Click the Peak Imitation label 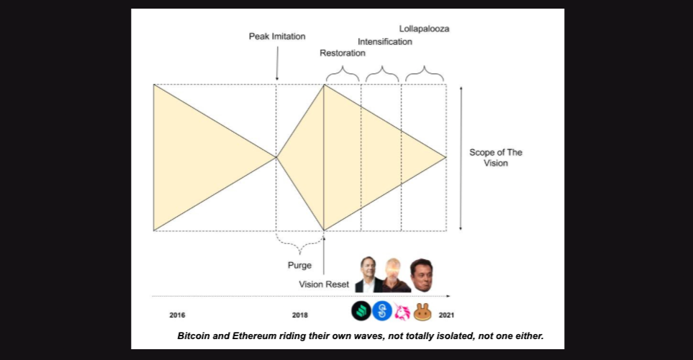point(277,36)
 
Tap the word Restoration point(343,53)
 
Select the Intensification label point(385,42)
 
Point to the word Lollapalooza point(425,30)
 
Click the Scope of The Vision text point(496,158)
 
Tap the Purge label point(299,266)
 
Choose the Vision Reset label point(324,284)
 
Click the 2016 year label point(178,315)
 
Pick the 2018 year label point(300,315)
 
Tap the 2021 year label point(446,315)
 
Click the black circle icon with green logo point(361,312)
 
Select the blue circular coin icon point(381,312)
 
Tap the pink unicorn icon point(402,312)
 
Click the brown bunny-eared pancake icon point(422,312)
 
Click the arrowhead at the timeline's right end point(448,296)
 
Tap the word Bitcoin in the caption point(196,336)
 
